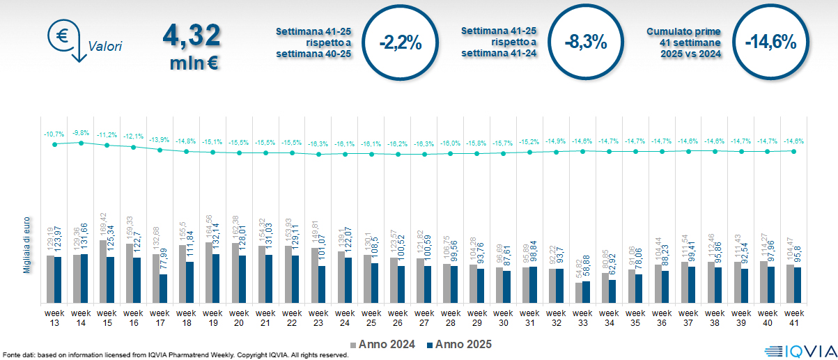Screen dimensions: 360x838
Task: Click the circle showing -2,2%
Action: [401, 42]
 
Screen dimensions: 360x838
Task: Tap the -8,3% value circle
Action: [585, 42]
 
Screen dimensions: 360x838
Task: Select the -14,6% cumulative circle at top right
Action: [770, 42]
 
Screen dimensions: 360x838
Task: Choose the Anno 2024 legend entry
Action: [385, 344]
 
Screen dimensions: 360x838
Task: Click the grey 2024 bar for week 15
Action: [103, 272]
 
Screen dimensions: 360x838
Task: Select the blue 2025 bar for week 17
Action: [163, 288]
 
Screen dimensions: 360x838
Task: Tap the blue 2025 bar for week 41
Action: [798, 285]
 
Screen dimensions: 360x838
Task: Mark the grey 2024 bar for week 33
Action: [580, 292]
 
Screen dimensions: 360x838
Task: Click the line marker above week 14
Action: [81, 143]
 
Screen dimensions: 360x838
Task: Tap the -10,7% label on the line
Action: [54, 133]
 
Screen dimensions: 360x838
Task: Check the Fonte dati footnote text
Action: [174, 355]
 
